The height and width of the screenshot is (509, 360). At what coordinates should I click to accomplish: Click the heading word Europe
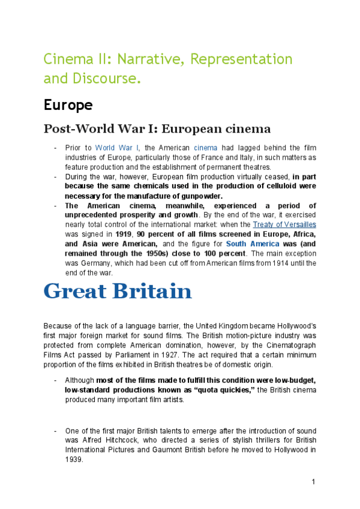point(68,105)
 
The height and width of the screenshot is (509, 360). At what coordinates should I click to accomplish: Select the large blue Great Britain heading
point(118,292)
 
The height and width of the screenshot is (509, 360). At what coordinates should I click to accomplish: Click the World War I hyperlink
point(116,148)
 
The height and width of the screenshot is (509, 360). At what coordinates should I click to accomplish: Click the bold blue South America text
point(253,244)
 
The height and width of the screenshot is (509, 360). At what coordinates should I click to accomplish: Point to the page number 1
point(313,482)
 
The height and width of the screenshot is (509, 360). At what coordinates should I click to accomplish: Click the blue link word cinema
point(204,148)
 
